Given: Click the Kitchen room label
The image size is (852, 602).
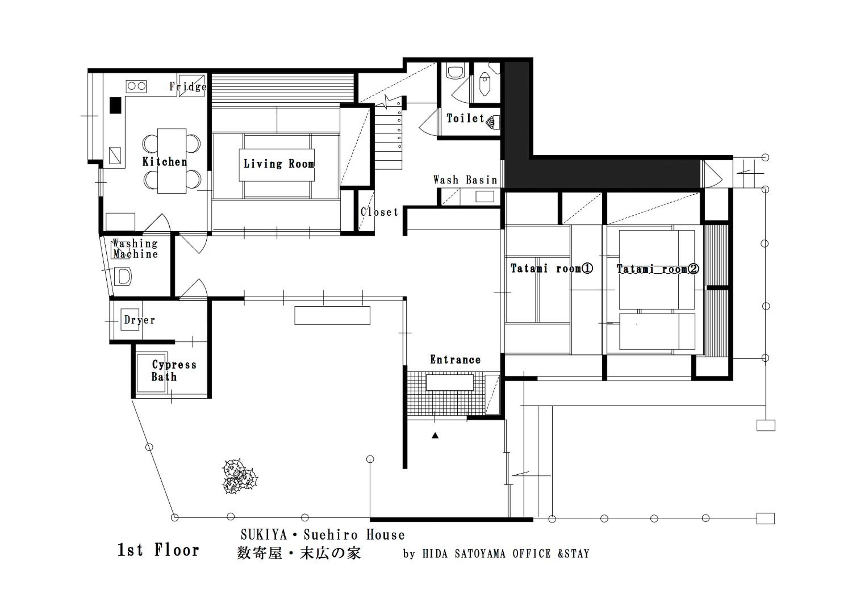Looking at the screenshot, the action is tap(165, 162).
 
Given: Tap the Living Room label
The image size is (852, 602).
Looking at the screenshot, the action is tap(279, 163).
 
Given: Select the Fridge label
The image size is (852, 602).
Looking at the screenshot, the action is tap(188, 87).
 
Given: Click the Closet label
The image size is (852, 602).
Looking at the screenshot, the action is tap(379, 212).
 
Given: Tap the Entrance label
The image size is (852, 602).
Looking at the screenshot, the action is tap(455, 359).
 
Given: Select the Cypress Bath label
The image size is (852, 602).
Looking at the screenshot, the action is tap(174, 371).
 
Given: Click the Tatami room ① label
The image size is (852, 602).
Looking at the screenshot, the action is tap(551, 269).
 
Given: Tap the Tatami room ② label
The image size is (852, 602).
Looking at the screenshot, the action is tap(658, 269).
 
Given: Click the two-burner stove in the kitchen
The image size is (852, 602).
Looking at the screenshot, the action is tap(136, 87).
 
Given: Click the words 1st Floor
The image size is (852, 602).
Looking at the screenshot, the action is tap(159, 550).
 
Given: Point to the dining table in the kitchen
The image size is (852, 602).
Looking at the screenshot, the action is tap(172, 161).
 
